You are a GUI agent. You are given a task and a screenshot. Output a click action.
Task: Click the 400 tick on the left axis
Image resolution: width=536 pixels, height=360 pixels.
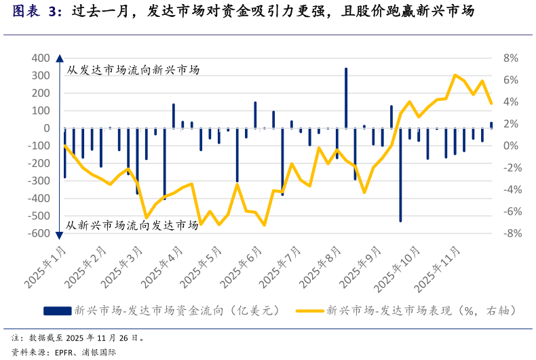click(x=41, y=58)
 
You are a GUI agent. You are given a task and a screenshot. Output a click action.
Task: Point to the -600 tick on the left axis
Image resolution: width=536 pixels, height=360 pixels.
click(x=39, y=233)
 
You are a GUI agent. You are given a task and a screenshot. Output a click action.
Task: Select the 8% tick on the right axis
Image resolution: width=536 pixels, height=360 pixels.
click(x=510, y=58)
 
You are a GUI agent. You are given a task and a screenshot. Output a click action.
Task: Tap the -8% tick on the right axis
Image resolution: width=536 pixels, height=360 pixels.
click(x=509, y=233)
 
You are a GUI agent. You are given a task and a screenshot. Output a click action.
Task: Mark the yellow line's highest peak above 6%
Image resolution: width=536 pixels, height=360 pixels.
click(x=455, y=75)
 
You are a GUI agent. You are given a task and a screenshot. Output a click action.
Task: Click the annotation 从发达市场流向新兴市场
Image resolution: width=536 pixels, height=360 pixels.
click(x=133, y=69)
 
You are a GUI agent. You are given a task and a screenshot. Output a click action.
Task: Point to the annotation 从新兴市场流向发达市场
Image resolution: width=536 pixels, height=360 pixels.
click(x=133, y=225)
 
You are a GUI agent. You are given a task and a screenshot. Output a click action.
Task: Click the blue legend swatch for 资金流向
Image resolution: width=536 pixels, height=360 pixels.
click(x=57, y=311)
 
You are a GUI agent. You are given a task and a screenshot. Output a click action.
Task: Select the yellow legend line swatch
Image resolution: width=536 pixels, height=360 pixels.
click(x=309, y=311)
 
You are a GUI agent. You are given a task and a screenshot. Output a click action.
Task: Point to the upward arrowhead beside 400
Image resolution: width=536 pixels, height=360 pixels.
click(x=60, y=58)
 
